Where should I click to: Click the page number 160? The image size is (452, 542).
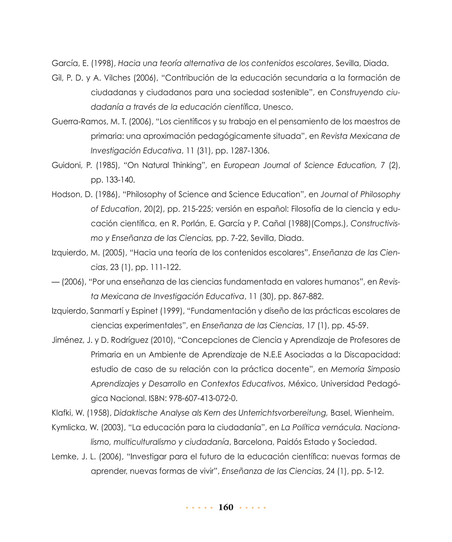[x=226, y=507]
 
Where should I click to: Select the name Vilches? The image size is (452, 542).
[x=117, y=78]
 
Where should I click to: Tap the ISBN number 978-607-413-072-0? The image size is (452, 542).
[x=203, y=398]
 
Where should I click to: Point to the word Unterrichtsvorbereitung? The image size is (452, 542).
[x=283, y=413]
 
